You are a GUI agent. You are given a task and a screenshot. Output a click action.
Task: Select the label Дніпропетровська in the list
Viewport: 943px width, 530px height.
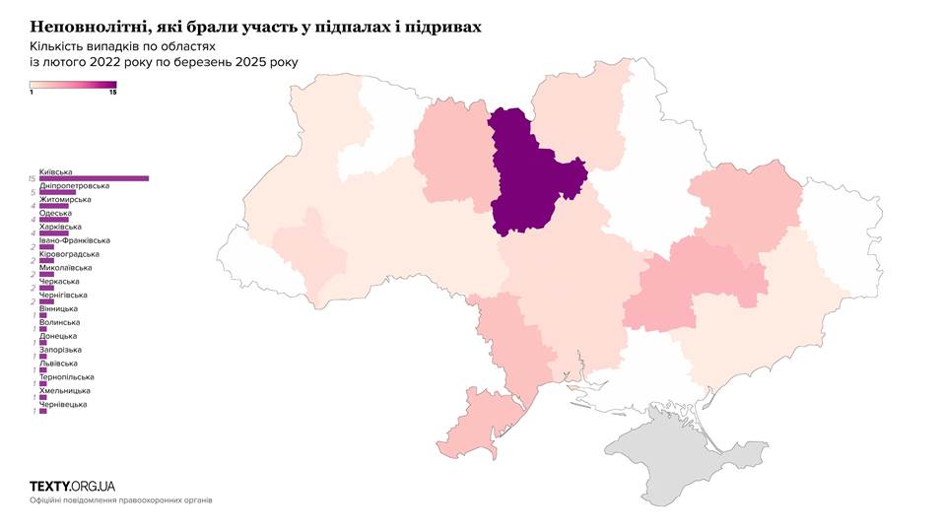[74, 185]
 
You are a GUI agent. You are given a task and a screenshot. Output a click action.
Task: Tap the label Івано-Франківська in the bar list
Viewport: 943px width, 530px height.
[74, 240]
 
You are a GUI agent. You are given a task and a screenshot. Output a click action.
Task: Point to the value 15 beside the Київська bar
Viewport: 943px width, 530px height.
[33, 178]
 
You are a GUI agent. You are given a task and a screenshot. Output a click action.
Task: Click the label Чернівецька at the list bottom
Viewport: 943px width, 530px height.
[62, 404]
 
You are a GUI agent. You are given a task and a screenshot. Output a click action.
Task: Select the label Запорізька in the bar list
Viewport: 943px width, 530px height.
[61, 350]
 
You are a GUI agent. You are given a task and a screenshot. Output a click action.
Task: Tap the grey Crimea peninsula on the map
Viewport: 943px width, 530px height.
[670, 458]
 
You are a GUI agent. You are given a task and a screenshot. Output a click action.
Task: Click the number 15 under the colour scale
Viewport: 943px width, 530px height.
[112, 92]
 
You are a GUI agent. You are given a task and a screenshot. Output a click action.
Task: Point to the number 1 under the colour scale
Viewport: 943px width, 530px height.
[33, 92]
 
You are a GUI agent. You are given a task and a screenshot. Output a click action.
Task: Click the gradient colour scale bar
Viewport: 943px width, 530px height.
[73, 84]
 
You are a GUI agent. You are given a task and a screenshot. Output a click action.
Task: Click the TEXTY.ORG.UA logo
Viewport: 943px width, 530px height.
[72, 486]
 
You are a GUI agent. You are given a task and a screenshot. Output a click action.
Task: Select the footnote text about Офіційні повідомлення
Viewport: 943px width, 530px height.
[120, 500]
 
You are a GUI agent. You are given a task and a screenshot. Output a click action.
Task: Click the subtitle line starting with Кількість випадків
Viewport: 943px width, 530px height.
[122, 45]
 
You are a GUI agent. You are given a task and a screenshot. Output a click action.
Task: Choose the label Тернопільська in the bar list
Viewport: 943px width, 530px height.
[67, 377]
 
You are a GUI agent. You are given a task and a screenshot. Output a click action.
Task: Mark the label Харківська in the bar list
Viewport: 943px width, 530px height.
[62, 227]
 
